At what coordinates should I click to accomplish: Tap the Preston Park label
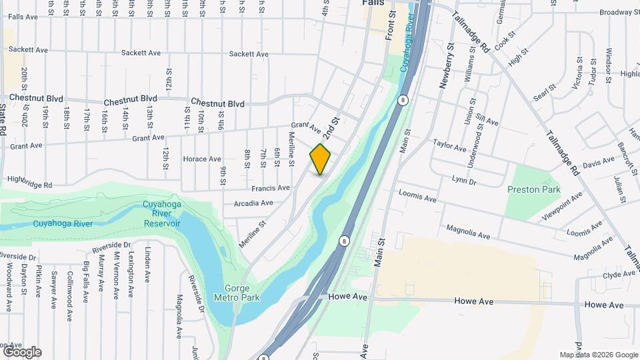tap(533, 189)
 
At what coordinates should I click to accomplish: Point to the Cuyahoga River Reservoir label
tap(162, 213)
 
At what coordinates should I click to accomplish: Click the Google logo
tap(22, 352)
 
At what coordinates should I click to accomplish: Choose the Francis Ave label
tap(270, 188)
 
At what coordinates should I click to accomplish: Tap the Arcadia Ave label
tap(253, 203)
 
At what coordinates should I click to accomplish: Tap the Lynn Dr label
tap(464, 181)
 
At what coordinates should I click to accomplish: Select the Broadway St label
tap(619, 12)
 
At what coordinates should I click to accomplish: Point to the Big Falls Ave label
tap(86, 281)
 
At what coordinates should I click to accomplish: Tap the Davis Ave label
tap(598, 162)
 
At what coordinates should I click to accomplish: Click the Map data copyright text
tap(598, 355)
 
